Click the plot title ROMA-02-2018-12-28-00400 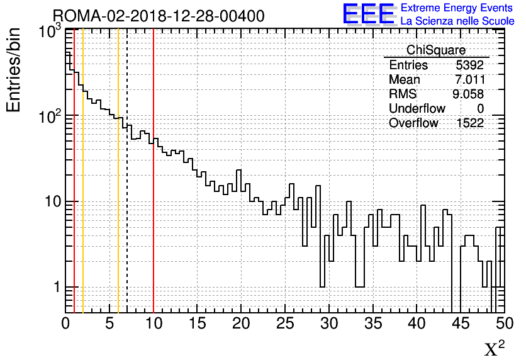point(158,16)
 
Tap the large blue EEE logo point(369,14)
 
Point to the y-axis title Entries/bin point(14,69)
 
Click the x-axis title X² point(494,348)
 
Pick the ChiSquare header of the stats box point(436,50)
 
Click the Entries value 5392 point(470,65)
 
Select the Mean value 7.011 point(470,80)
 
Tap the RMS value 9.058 point(470,94)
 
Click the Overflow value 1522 point(470,123)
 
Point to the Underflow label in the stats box point(417,109)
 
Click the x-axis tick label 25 point(285,323)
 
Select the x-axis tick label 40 point(417,323)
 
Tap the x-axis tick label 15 point(198,323)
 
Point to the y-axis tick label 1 point(56,288)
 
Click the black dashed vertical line point(127,189)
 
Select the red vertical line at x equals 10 point(154,189)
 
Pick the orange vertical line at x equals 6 point(118,189)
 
